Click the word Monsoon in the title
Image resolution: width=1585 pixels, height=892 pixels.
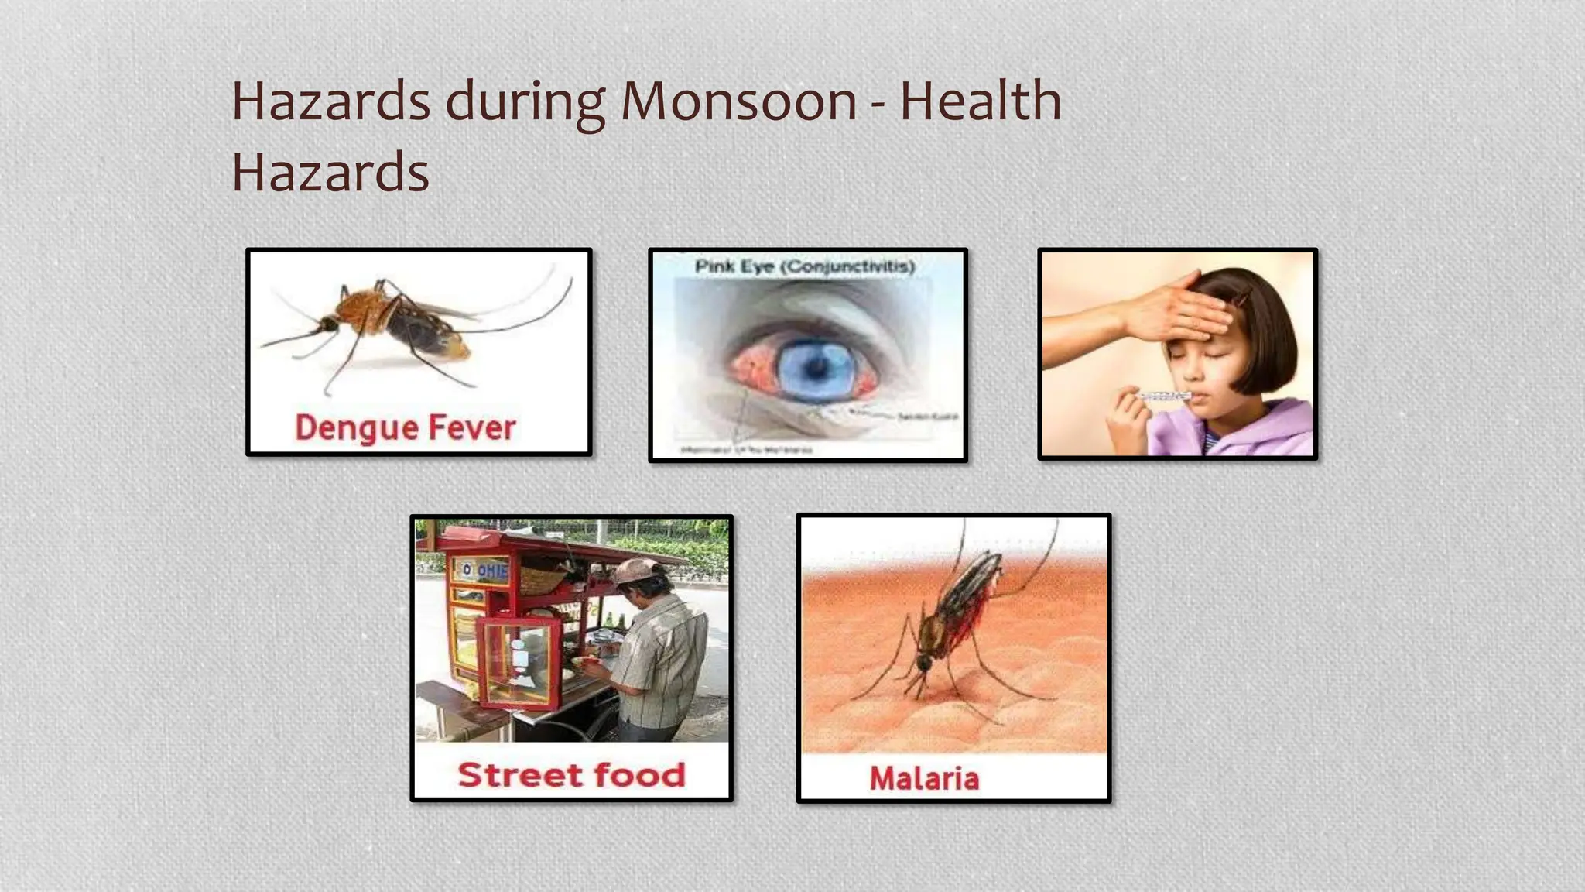click(x=738, y=101)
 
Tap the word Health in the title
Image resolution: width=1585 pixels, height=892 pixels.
click(x=980, y=101)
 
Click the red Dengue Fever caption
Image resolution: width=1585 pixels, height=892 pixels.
click(x=405, y=427)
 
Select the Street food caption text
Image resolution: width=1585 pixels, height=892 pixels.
click(x=571, y=775)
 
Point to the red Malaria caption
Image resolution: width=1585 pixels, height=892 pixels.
click(x=924, y=778)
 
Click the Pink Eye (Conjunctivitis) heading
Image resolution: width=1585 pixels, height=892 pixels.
click(x=805, y=267)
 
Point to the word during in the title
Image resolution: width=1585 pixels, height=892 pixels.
click(x=524, y=101)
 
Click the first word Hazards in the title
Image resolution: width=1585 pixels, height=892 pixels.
click(x=330, y=101)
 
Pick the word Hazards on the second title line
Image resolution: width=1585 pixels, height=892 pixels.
click(x=330, y=172)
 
